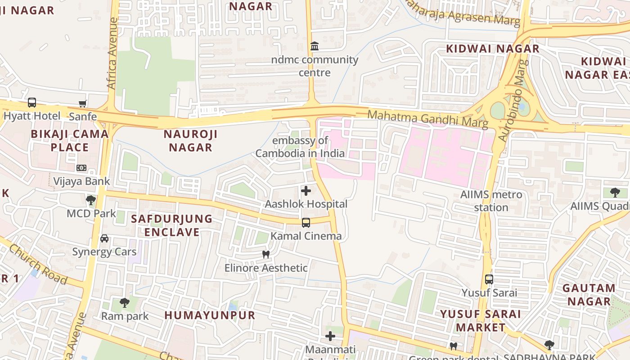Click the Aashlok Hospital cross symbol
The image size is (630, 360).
306,191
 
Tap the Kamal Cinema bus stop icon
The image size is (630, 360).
306,222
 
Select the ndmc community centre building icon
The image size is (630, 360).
315,46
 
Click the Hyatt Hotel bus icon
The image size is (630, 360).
32,103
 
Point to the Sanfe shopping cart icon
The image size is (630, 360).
82,104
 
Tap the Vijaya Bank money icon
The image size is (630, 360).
81,168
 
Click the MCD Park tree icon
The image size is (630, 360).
91,200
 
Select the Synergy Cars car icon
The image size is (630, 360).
104,238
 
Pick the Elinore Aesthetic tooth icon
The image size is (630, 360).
266,254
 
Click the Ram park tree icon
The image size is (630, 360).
125,303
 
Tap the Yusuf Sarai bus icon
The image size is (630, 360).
489,279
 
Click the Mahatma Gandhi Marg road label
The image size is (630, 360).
427,118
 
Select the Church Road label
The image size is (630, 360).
38,264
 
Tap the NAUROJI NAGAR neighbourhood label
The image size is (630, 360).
190,140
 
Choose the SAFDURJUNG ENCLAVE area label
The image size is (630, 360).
171,225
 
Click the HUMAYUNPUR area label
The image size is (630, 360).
210,315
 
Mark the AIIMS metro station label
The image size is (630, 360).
491,201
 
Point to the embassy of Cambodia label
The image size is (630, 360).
300,147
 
